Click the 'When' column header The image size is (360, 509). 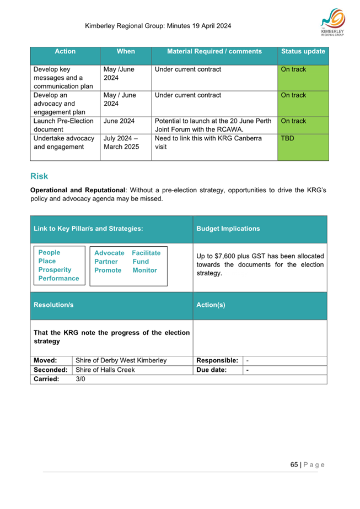coord(126,52)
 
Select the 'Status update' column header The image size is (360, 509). coord(303,52)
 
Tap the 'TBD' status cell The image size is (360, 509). coord(287,139)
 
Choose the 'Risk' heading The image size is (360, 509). coord(39,176)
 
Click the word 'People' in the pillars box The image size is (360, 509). coord(50,253)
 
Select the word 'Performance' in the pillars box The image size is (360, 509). coord(58,279)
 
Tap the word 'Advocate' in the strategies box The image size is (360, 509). coord(109,253)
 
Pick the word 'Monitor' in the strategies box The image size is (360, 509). coord(144,270)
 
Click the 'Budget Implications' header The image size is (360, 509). coord(228,229)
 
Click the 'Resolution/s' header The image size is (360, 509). coord(53,305)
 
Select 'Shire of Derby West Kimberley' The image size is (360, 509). coord(121,361)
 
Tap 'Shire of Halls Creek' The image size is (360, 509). coord(105,370)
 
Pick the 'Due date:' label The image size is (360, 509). coord(212,370)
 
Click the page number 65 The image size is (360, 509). coord(294,464)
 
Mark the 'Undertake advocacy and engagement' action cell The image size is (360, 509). coord(64,143)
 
